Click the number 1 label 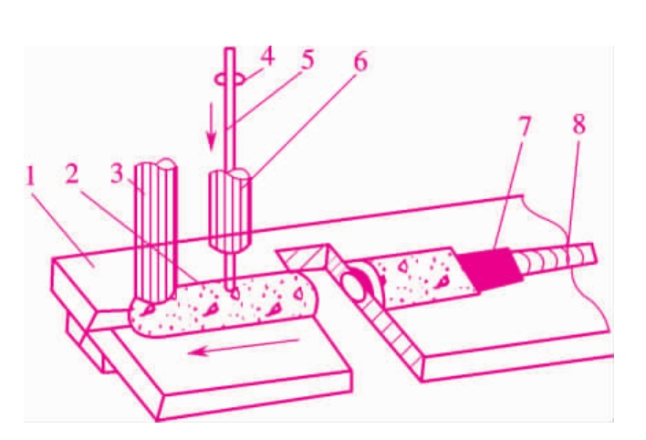30,177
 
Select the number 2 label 72,175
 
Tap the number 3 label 117,173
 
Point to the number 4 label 267,58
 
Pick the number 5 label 307,59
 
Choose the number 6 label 360,63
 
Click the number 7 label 523,126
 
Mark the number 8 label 578,124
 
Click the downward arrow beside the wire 212,126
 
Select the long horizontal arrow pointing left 243,346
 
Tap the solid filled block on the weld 489,268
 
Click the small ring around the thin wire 231,79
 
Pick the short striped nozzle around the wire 230,211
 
